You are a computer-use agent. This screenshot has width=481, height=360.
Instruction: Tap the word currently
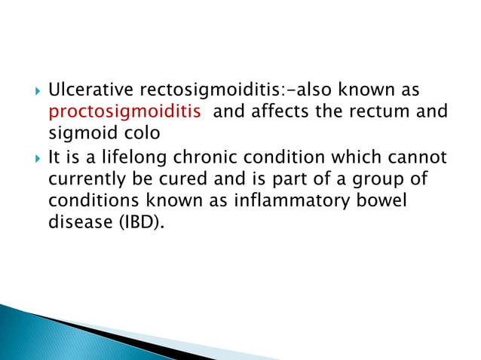[x=87, y=182]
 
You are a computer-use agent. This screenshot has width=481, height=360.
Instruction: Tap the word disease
[x=76, y=223]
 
